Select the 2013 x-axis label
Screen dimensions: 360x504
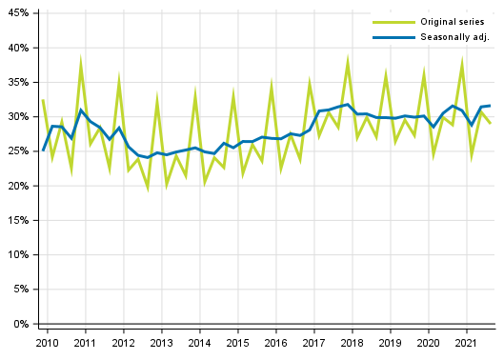[161, 342]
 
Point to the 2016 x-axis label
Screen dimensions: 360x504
[275, 342]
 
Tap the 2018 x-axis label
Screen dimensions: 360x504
[353, 342]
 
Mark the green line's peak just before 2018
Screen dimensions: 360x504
[349, 60]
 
